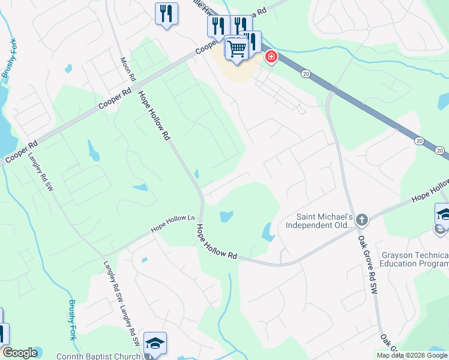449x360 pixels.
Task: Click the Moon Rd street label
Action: coord(128,70)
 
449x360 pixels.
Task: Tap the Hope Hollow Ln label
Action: coord(173,224)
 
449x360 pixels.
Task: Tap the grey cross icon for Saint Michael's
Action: coord(361,220)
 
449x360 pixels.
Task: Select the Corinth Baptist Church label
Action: coord(98,356)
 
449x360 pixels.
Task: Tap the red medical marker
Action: coord(271,57)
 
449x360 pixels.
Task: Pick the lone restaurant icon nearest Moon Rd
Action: coord(166,13)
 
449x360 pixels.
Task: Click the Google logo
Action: coord(20,353)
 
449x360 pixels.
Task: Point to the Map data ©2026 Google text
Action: coord(412,355)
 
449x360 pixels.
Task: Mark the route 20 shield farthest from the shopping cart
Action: coord(418,140)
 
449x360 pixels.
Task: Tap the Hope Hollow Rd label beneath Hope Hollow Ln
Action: coord(217,242)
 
